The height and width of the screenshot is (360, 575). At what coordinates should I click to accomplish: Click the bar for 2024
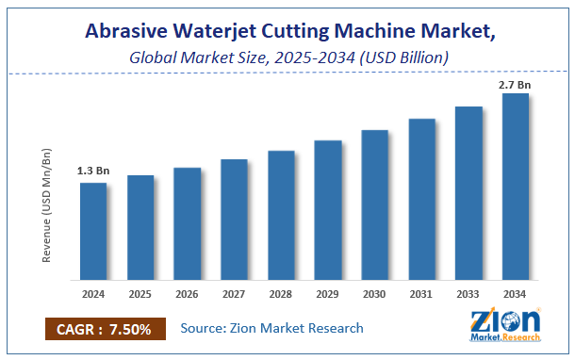[92, 231]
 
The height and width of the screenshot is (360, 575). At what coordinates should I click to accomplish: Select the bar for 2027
[234, 220]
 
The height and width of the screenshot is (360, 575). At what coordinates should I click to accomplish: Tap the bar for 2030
[375, 205]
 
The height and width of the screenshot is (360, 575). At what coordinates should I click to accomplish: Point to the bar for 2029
[328, 210]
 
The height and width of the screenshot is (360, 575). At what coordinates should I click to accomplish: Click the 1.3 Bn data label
[92, 172]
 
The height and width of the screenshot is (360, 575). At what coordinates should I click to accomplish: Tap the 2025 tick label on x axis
[140, 294]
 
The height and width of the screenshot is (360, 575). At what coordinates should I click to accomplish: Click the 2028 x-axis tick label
[281, 294]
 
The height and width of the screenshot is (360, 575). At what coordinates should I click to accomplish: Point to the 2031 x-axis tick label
[421, 294]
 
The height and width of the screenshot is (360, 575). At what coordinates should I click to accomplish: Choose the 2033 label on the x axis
[468, 294]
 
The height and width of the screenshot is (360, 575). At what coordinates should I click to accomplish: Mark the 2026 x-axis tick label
[187, 294]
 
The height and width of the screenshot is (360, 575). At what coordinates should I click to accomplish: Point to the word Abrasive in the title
[128, 31]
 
